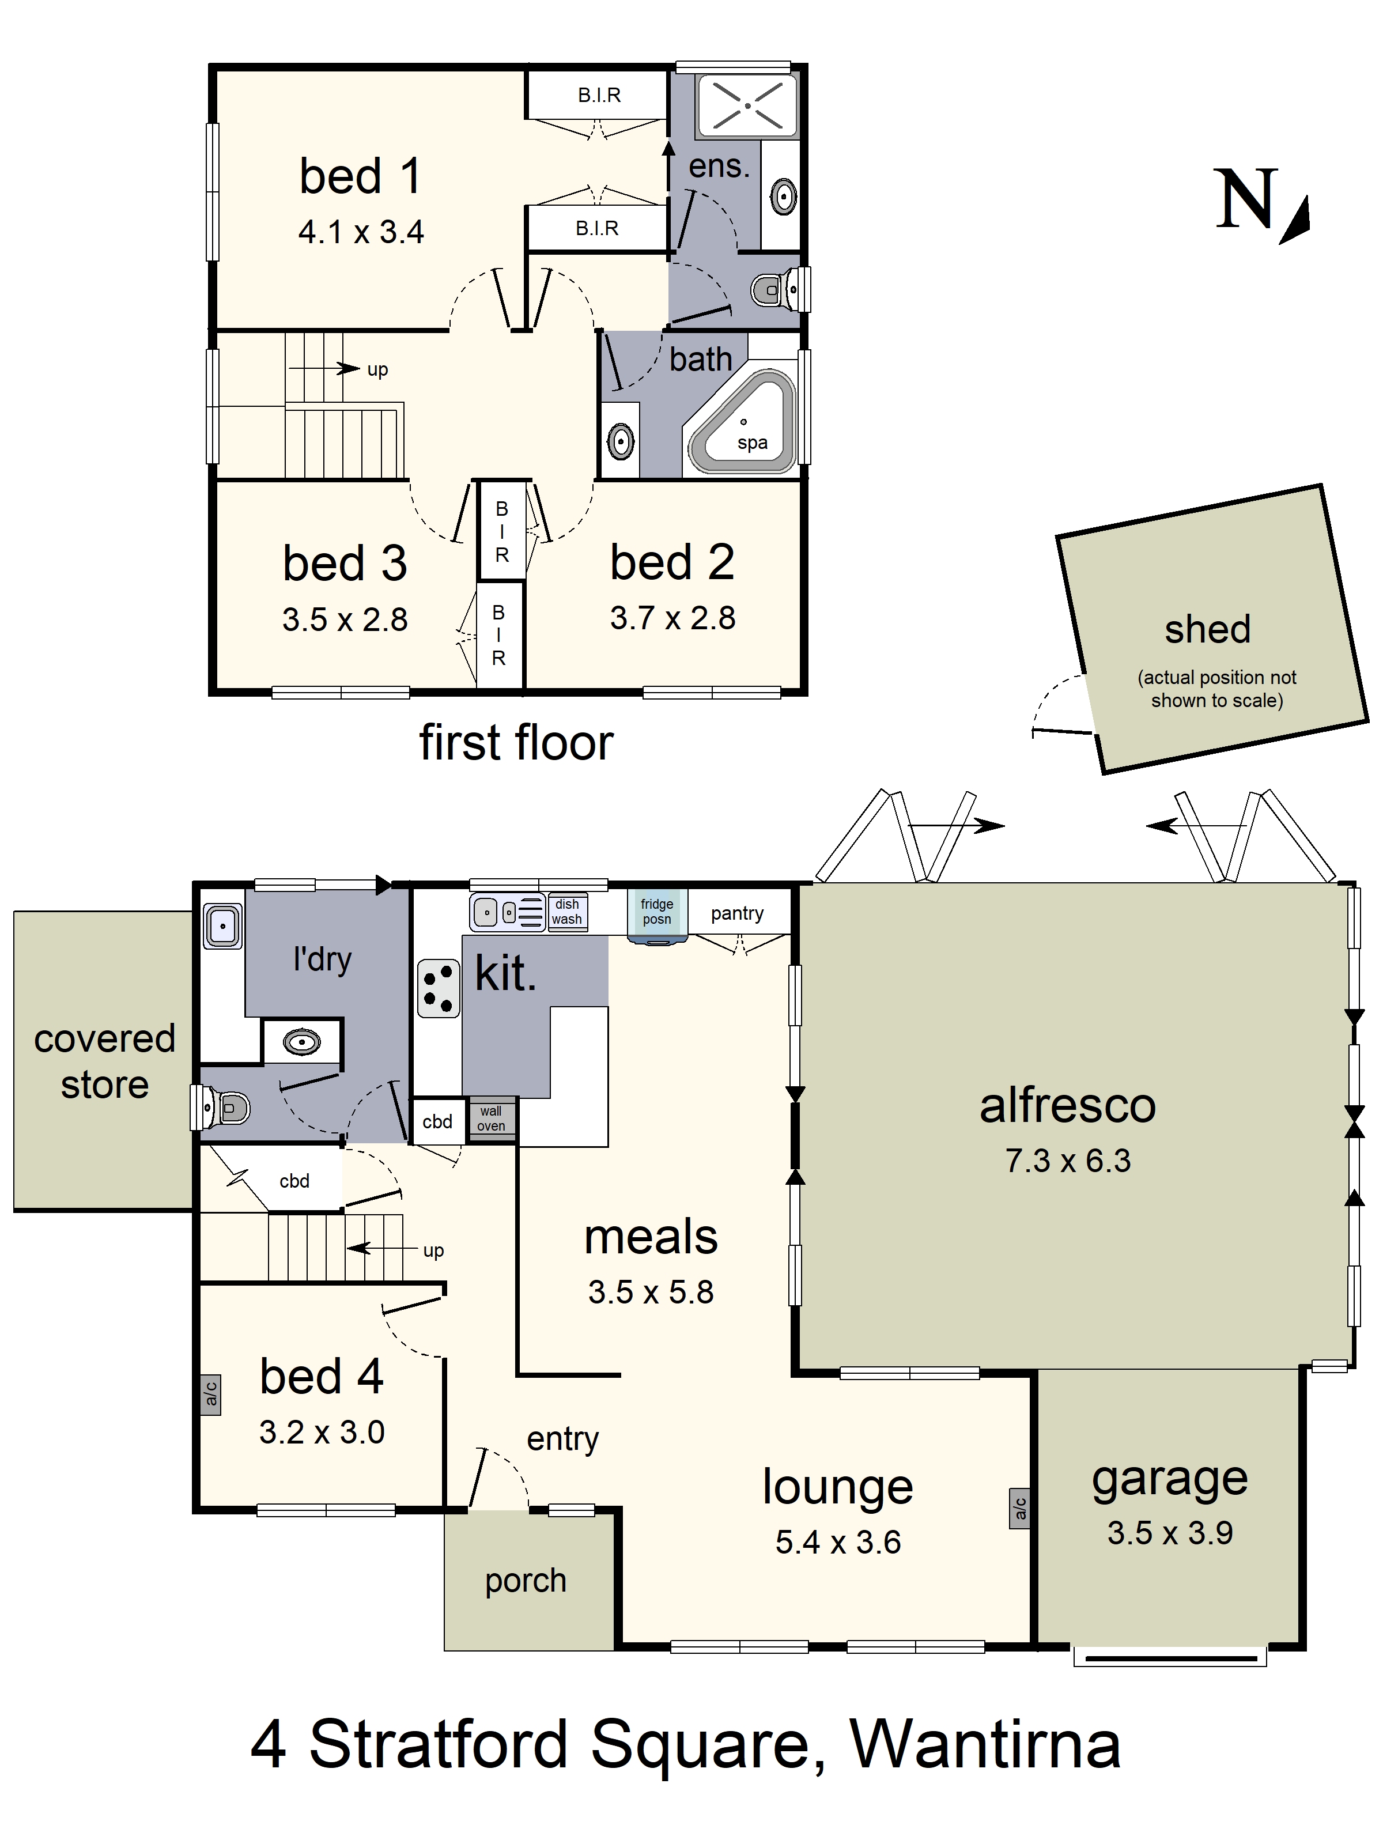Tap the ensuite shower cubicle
(x=747, y=105)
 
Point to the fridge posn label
(x=657, y=911)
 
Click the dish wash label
(x=567, y=911)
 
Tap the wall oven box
(x=491, y=1119)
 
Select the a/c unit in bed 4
(x=211, y=1395)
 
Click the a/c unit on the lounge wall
(x=1019, y=1508)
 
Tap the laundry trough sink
(x=222, y=926)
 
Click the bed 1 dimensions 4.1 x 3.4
(x=361, y=232)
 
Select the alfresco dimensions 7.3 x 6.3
(x=1068, y=1161)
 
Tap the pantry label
(x=737, y=915)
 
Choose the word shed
(x=1207, y=629)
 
